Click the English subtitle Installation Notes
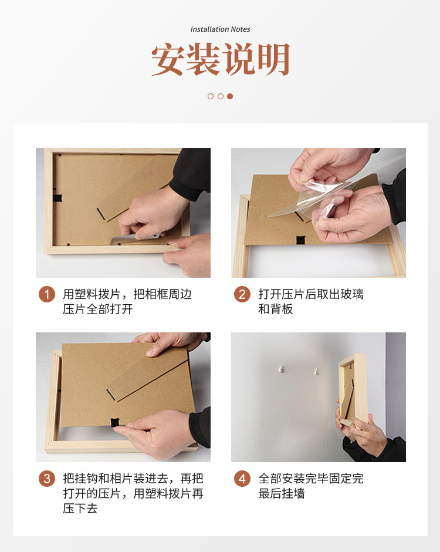(x=220, y=29)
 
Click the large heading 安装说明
(x=220, y=59)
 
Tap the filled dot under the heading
(x=230, y=96)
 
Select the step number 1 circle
(x=47, y=294)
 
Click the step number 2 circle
(x=242, y=294)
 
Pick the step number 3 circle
(x=47, y=479)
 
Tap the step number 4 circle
(x=242, y=479)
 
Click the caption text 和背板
(x=276, y=309)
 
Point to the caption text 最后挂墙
(x=282, y=493)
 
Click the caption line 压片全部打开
(x=98, y=309)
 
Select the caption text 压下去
(x=80, y=509)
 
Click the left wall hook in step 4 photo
(x=280, y=369)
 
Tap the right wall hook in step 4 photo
(x=316, y=371)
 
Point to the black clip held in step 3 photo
(x=115, y=422)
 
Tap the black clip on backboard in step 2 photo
(x=301, y=240)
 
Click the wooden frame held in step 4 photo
(x=353, y=389)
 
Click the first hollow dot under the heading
(x=211, y=96)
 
